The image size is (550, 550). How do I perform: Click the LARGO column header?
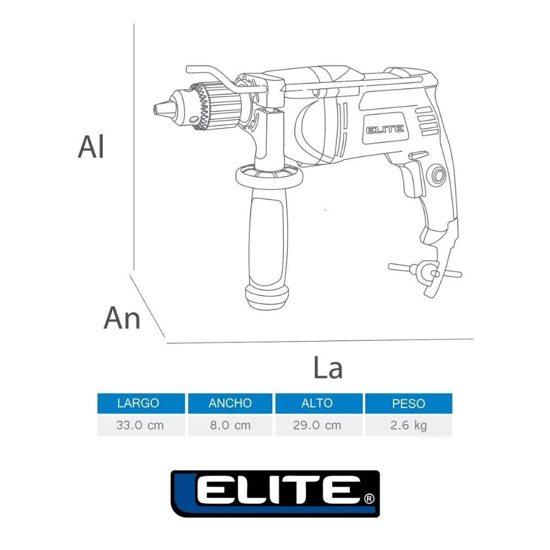[141, 403]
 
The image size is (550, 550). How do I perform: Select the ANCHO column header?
[230, 403]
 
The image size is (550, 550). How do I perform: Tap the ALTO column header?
[318, 403]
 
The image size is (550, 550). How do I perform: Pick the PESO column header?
[409, 403]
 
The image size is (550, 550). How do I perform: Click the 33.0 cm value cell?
[141, 425]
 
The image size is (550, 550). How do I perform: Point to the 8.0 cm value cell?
[230, 425]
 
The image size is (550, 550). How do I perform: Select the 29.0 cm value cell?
[318, 425]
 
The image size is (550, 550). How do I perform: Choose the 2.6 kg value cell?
[409, 425]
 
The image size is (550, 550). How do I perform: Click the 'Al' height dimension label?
[91, 147]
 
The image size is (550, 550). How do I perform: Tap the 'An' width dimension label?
[122, 318]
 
